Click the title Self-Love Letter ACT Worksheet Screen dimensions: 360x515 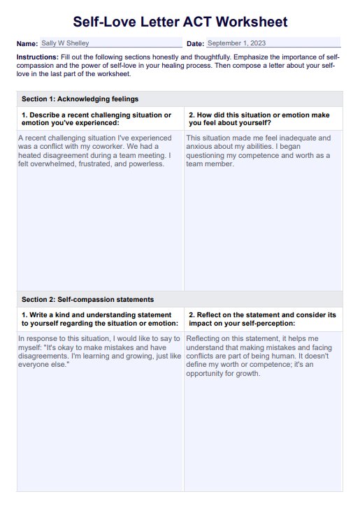pos(180,22)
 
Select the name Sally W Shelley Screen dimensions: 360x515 pos(65,43)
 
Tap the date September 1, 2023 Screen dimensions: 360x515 pos(237,43)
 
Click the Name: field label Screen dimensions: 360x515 pos(27,44)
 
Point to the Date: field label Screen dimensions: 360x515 pos(195,44)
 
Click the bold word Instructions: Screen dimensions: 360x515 pos(37,56)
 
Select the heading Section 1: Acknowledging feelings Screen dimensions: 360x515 pos(80,99)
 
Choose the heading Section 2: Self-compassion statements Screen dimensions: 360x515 pos(87,299)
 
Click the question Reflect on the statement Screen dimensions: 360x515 pos(262,319)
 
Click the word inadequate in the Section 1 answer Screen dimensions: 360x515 pos(298,138)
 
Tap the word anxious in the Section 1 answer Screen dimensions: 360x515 pos(199,147)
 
